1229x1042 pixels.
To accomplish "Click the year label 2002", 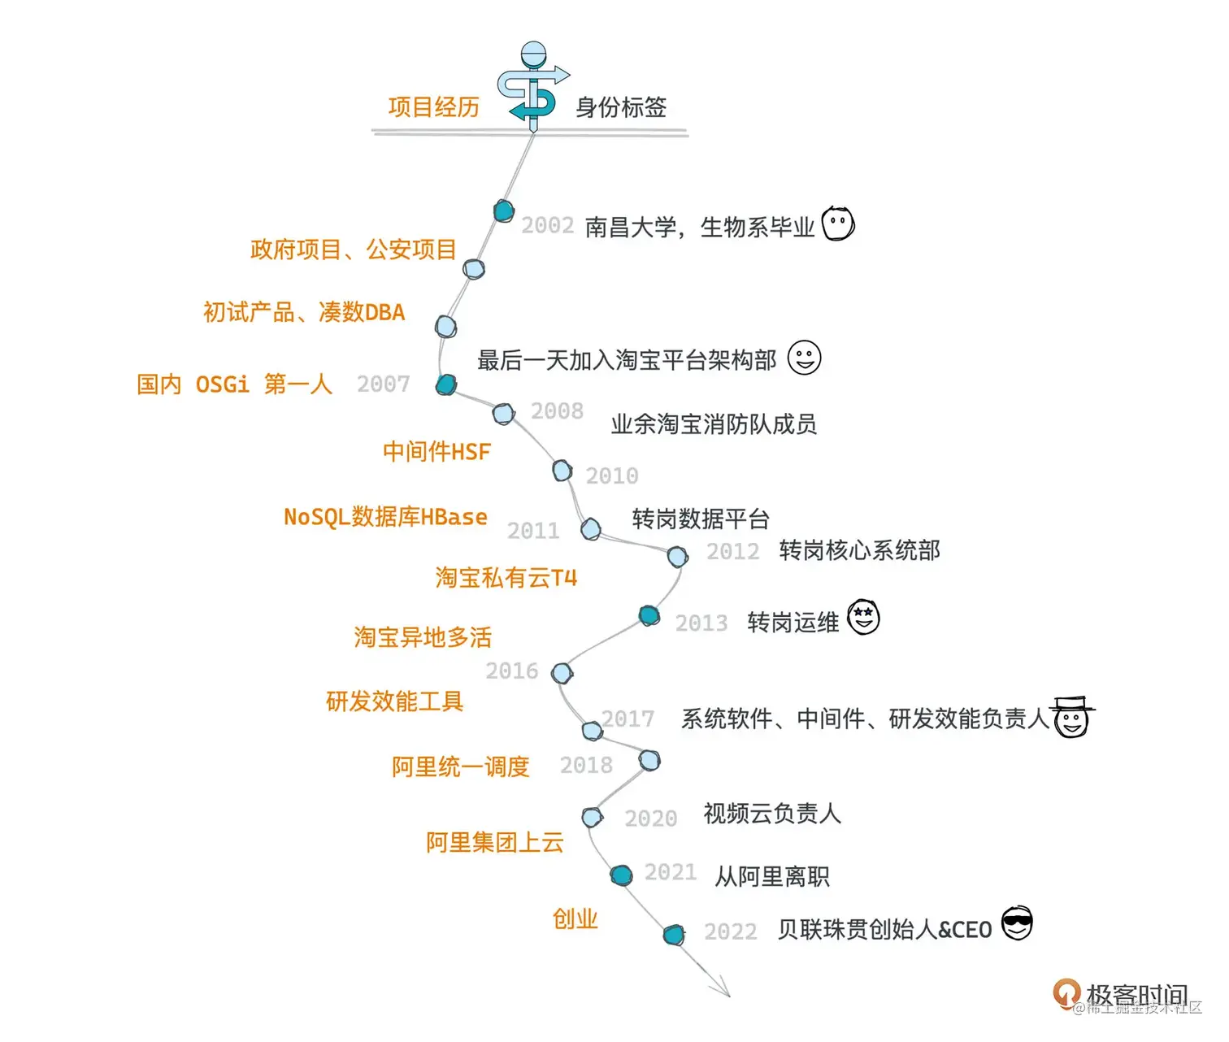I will pyautogui.click(x=547, y=225).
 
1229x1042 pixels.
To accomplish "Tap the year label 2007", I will pyautogui.click(x=383, y=384).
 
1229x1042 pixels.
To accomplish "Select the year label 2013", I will pyautogui.click(x=701, y=623).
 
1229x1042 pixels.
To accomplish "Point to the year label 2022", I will pyautogui.click(x=730, y=931).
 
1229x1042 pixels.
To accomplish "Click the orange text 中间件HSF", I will pyautogui.click(x=436, y=452).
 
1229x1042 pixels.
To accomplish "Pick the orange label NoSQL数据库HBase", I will pyautogui.click(x=385, y=517).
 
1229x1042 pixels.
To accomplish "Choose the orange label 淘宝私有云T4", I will pyautogui.click(x=506, y=578).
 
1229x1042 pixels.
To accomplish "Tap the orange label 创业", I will pyautogui.click(x=575, y=919).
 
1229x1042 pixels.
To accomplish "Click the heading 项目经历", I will pyautogui.click(x=433, y=107).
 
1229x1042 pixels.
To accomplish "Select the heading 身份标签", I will pyautogui.click(x=621, y=107).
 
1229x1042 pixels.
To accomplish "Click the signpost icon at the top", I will pyautogui.click(x=532, y=85).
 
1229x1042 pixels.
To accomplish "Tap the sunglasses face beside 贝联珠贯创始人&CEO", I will pyautogui.click(x=1016, y=923).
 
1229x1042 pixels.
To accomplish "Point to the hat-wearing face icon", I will pyautogui.click(x=1071, y=717).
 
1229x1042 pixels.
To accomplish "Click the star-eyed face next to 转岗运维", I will pyautogui.click(x=863, y=618).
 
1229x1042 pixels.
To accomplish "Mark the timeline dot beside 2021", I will pyautogui.click(x=621, y=875).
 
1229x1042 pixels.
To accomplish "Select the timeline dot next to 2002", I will pyautogui.click(x=504, y=211).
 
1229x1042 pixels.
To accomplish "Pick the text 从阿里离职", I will pyautogui.click(x=771, y=877).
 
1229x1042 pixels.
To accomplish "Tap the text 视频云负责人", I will pyautogui.click(x=771, y=814).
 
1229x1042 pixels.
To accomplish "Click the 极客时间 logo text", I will pyautogui.click(x=1136, y=995).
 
